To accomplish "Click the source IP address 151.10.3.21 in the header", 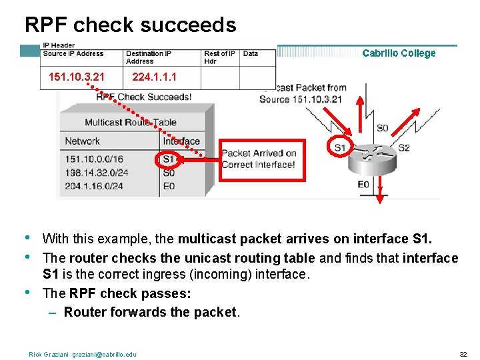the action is tap(77, 77).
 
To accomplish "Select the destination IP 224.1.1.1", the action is tap(154, 77).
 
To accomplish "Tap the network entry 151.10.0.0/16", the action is tap(94, 159).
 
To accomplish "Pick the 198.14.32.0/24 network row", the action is tap(97, 173).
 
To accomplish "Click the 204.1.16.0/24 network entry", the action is tap(94, 186).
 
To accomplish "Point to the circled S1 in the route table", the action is tap(169, 159).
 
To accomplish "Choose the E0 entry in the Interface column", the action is tap(169, 186).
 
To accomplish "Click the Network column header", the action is tap(83, 141).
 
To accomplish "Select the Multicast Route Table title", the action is tap(131, 123).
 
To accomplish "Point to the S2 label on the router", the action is tap(404, 148).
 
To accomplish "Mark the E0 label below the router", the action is tap(363, 184).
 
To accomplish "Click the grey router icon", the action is tap(372, 159).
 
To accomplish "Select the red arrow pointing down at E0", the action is tap(380, 190).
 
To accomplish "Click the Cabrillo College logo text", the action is tap(399, 53).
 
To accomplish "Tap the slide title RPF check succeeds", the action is tap(131, 25).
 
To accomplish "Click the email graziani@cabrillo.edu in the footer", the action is tap(104, 355).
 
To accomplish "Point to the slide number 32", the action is tap(463, 355).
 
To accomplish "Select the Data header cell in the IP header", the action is tap(251, 53).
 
